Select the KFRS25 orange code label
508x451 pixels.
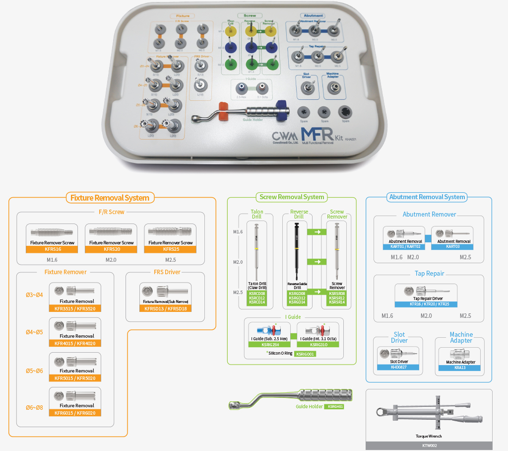tap(170, 249)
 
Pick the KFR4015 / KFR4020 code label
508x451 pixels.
tap(74, 343)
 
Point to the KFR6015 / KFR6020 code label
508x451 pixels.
tap(74, 413)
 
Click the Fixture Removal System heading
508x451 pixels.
tap(109, 198)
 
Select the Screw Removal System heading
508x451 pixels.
tap(292, 197)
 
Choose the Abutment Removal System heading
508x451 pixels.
tap(427, 197)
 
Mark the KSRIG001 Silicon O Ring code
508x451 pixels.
tap(305, 354)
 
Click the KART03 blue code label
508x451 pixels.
tap(452, 246)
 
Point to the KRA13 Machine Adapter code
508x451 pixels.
tap(461, 367)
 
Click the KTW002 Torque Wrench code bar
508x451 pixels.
tap(429, 446)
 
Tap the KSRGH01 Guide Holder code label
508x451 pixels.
tap(333, 407)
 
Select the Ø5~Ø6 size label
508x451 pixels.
tap(34, 371)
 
